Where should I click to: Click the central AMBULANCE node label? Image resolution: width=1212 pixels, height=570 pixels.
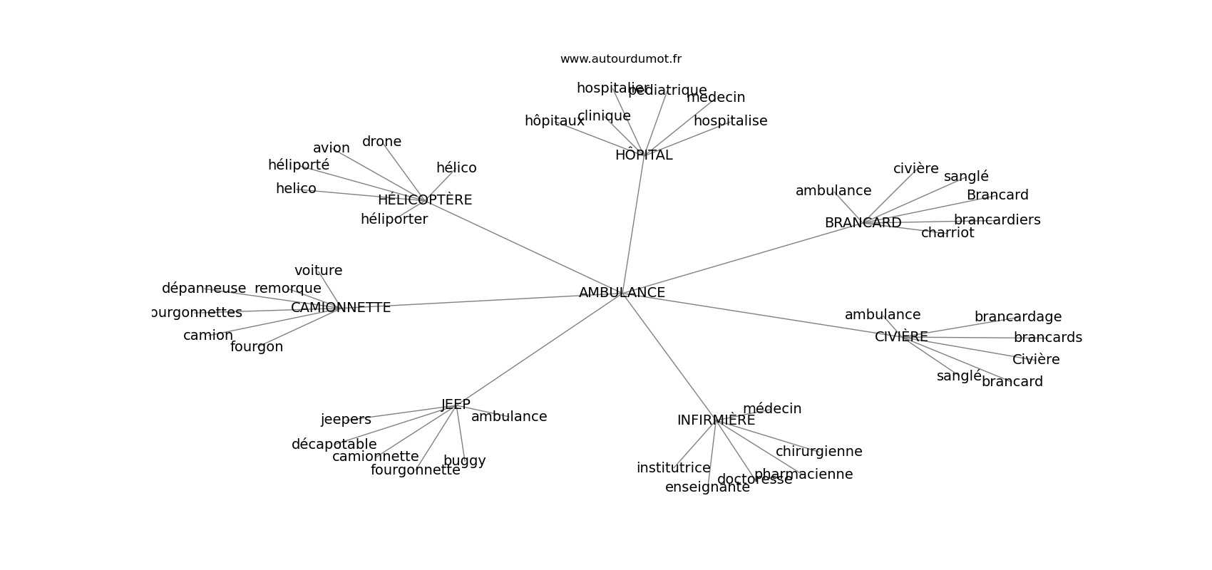tap(622, 293)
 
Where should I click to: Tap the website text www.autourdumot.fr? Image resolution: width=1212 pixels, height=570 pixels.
tap(620, 59)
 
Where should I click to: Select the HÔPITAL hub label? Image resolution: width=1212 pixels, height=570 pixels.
tap(644, 155)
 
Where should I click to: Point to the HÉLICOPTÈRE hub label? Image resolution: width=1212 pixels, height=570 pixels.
tap(425, 200)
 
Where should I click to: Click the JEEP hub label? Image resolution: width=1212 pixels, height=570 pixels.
tap(456, 405)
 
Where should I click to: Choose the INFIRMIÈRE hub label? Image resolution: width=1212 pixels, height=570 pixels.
tap(716, 420)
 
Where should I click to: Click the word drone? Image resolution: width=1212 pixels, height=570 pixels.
tap(381, 142)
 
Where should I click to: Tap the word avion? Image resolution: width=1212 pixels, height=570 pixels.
tap(332, 148)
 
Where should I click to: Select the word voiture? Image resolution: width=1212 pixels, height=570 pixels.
tap(318, 271)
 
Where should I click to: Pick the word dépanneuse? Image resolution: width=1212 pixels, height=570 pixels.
tap(204, 289)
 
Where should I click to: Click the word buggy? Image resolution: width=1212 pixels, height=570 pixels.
tap(464, 461)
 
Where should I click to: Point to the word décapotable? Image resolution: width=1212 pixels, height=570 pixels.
tap(334, 445)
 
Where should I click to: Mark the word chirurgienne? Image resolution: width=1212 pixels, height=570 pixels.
tap(818, 452)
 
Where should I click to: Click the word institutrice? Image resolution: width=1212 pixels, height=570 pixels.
tap(673, 468)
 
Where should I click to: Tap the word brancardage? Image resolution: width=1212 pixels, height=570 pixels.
tap(1017, 317)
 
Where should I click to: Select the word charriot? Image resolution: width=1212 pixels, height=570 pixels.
tap(947, 233)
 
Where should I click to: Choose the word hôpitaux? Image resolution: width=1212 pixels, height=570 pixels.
tap(554, 121)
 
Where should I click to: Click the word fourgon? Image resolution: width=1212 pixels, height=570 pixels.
tap(257, 347)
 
